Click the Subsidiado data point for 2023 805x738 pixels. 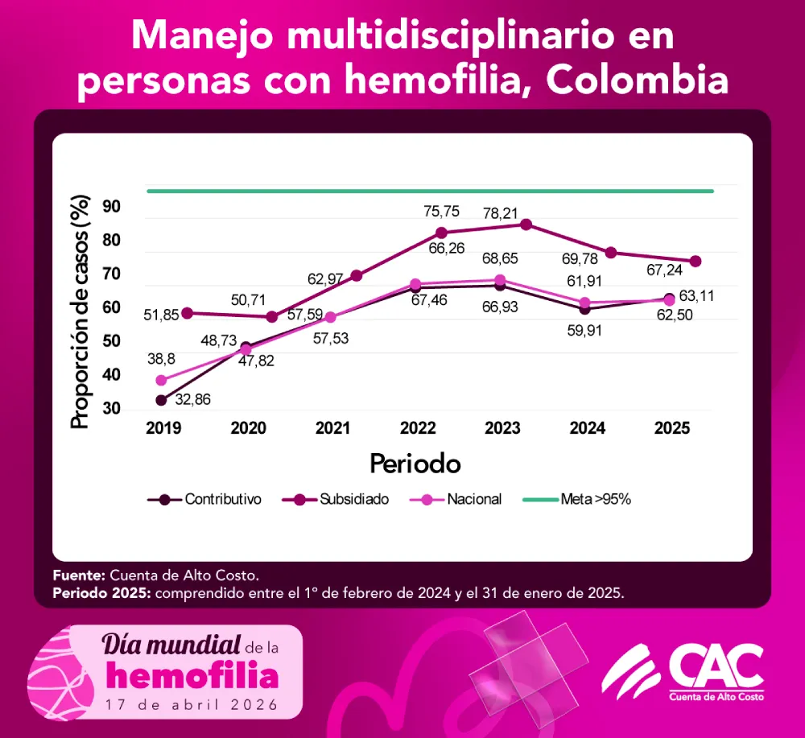point(526,225)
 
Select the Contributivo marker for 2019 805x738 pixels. point(161,400)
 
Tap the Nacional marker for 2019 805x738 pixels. point(161,380)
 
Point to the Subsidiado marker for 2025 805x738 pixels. point(696,262)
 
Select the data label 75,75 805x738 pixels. point(442,212)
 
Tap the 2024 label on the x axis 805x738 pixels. point(587,429)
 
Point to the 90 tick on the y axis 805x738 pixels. point(111,208)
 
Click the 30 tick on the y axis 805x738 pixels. point(111,409)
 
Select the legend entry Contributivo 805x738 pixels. point(222,499)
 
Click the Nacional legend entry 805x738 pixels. point(474,499)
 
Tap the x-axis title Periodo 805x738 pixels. point(415,464)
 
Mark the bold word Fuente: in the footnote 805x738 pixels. point(77,576)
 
